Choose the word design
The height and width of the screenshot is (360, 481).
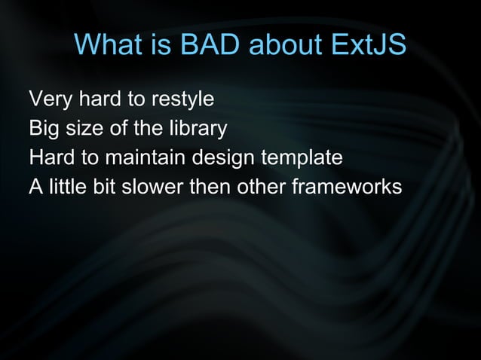point(225,159)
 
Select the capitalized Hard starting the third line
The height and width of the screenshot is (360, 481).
point(49,159)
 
